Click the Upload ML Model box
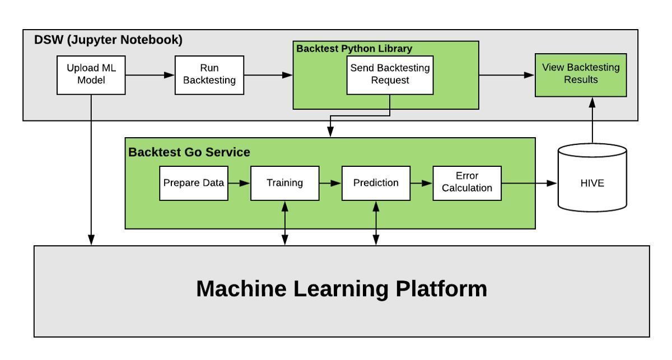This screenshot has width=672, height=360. point(91,75)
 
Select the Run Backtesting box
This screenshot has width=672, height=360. point(209,75)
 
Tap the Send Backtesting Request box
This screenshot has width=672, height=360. point(390,74)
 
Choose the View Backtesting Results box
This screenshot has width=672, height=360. point(581,74)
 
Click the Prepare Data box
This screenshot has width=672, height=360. point(194,183)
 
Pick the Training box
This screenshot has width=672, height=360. point(284,183)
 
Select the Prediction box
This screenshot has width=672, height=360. point(376,183)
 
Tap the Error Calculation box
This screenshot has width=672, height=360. point(466,183)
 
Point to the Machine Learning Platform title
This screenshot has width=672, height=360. point(342,289)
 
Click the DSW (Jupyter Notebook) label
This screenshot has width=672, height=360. point(108,40)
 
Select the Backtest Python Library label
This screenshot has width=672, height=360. point(354,49)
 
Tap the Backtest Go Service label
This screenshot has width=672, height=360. point(189,152)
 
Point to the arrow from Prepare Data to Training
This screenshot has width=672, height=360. point(239,183)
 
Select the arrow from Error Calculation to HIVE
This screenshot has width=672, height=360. point(529,183)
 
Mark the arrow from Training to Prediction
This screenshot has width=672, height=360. point(330,183)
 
